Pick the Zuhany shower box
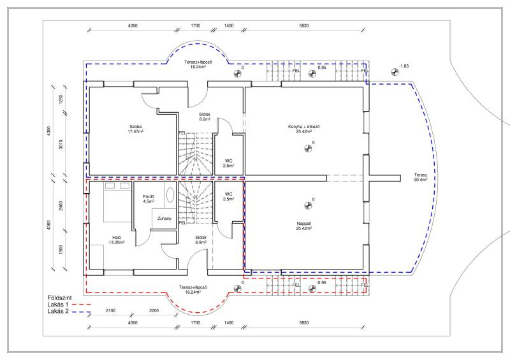pyautogui.click(x=164, y=219)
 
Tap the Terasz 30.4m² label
pyautogui.click(x=421, y=177)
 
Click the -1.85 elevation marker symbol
pyautogui.click(x=395, y=72)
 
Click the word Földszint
pyautogui.click(x=59, y=298)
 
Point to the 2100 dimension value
pyautogui.click(x=110, y=310)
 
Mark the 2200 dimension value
pyautogui.click(x=154, y=310)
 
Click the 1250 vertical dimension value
pyautogui.click(x=61, y=99)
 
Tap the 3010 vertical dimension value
pyautogui.click(x=61, y=145)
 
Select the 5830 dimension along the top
pyautogui.click(x=304, y=25)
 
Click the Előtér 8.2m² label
pyautogui.click(x=205, y=117)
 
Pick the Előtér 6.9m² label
pyautogui.click(x=201, y=240)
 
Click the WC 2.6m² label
pyautogui.click(x=228, y=163)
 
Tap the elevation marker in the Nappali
pyautogui.click(x=308, y=206)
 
